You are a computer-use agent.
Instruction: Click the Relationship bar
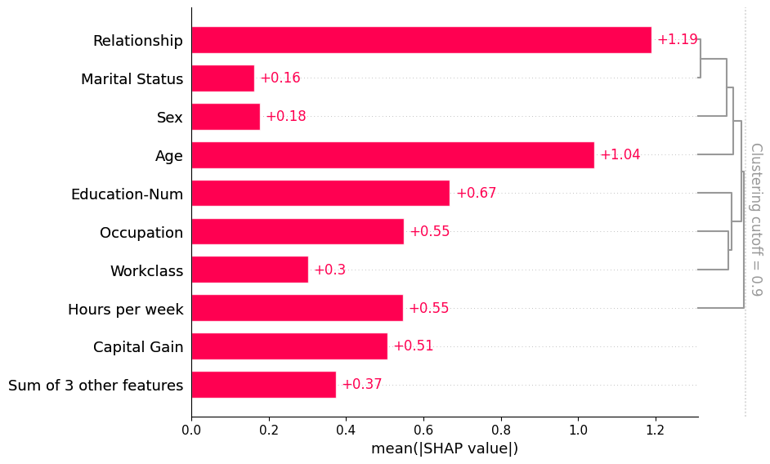tap(421, 40)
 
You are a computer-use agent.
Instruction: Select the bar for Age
tap(392, 155)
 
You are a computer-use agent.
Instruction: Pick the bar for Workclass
tap(249, 270)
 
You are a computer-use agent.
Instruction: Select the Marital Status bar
tap(222, 78)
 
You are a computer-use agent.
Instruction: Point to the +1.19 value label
tap(677, 40)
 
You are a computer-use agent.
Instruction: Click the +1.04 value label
tap(620, 155)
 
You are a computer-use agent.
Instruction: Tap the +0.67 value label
tap(476, 194)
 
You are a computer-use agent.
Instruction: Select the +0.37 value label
tap(361, 385)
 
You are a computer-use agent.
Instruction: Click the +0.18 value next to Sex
tap(285, 117)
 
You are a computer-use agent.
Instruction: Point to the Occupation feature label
tap(141, 233)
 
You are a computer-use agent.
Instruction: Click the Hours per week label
tap(126, 310)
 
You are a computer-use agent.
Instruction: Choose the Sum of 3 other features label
tap(96, 386)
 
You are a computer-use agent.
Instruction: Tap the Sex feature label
tap(170, 118)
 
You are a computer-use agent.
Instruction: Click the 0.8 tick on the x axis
tap(501, 429)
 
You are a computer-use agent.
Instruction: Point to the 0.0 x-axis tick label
tap(191, 429)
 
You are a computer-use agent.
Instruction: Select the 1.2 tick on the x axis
tap(656, 429)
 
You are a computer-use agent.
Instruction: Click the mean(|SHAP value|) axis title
tap(445, 448)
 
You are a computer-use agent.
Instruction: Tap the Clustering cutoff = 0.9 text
tap(755, 219)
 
